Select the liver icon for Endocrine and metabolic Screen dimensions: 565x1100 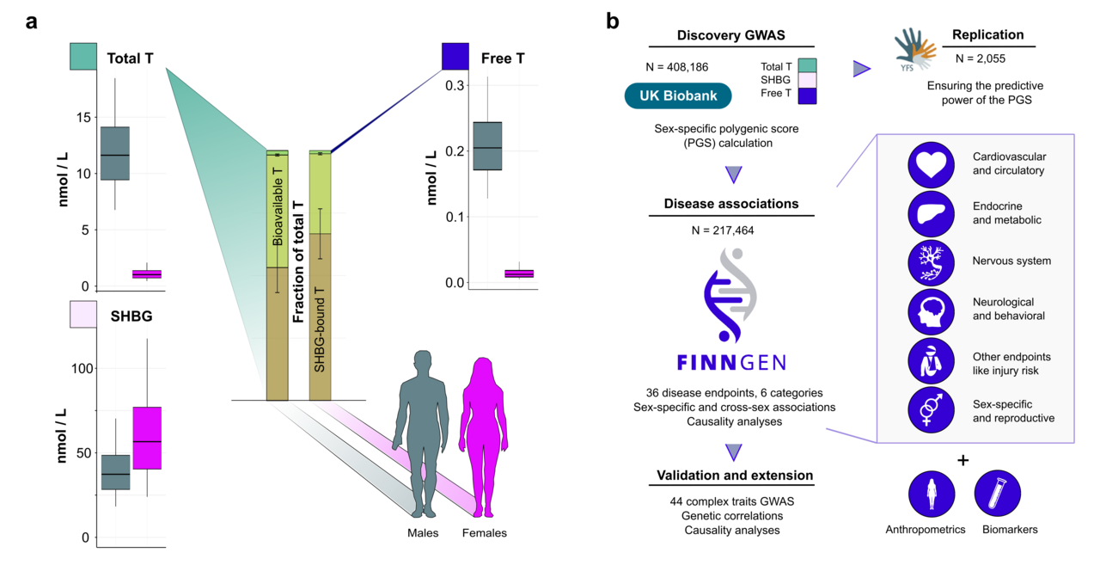pyautogui.click(x=932, y=213)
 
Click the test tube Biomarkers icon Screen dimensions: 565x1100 pyautogui.click(x=998, y=497)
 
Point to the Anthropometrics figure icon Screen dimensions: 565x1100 pyautogui.click(x=932, y=497)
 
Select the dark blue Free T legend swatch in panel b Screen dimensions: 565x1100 pyautogui.click(x=806, y=95)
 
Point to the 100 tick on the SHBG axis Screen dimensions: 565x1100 pyautogui.click(x=80, y=368)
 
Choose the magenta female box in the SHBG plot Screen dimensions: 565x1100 pyautogui.click(x=148, y=438)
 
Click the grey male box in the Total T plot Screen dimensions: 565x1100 pyautogui.click(x=115, y=153)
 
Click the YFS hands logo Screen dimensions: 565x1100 pyautogui.click(x=915, y=48)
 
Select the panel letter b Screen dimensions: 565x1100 pyautogui.click(x=613, y=21)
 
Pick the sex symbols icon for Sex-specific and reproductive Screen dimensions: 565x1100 pyautogui.click(x=932, y=410)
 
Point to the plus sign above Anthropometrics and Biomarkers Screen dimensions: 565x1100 pyautogui.click(x=963, y=460)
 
